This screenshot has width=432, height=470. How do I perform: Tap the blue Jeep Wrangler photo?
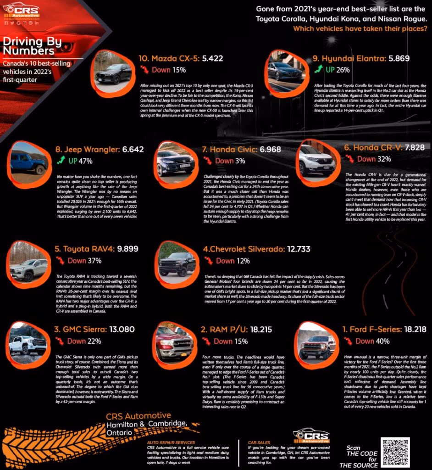click(x=28, y=161)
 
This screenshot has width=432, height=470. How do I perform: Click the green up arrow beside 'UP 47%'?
click(x=60, y=161)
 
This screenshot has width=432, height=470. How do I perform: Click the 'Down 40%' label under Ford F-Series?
click(x=372, y=341)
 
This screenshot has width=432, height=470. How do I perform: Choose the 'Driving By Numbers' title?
click(x=28, y=45)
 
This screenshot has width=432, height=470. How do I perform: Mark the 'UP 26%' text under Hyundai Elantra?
click(x=337, y=70)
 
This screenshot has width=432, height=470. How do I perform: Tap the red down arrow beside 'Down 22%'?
click(x=60, y=341)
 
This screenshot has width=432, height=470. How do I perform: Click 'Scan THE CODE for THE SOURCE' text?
click(x=360, y=456)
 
